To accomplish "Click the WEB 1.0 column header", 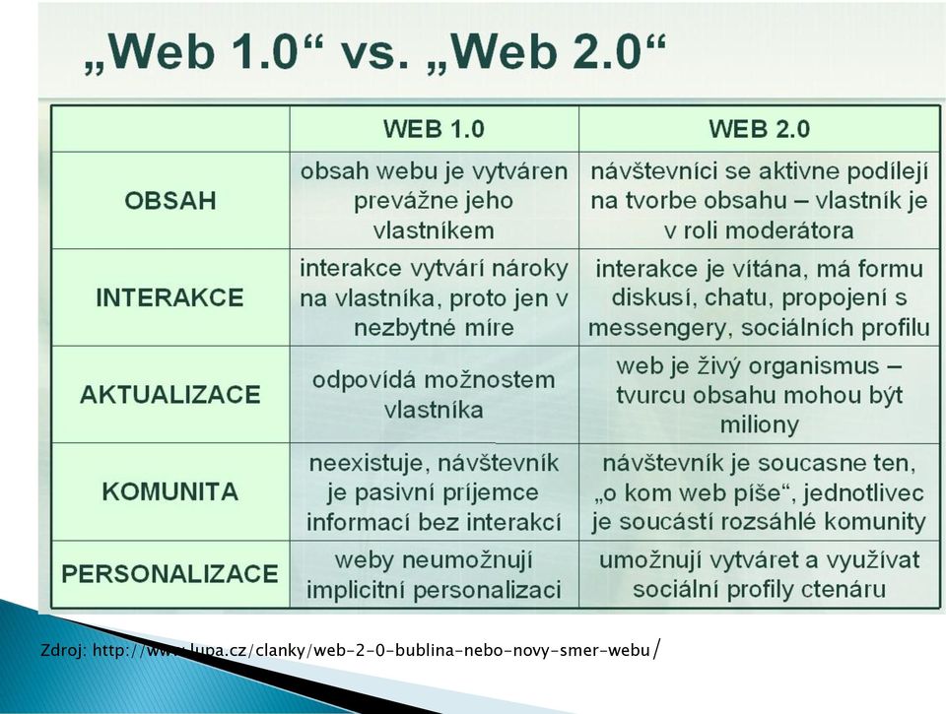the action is click(x=434, y=129).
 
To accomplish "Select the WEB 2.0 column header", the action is click(x=759, y=129).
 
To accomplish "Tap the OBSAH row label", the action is click(x=170, y=201).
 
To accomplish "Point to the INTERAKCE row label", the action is click(x=170, y=297).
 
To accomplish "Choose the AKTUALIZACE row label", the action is click(x=170, y=395).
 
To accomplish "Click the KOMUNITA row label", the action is click(x=170, y=492).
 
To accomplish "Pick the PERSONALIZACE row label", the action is click(x=170, y=573).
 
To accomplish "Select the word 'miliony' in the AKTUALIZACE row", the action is click(x=759, y=425).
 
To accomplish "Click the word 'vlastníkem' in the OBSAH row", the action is click(x=434, y=230).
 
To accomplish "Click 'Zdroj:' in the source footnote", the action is click(x=64, y=651).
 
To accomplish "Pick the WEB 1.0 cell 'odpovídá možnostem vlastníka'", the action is click(x=434, y=395).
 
